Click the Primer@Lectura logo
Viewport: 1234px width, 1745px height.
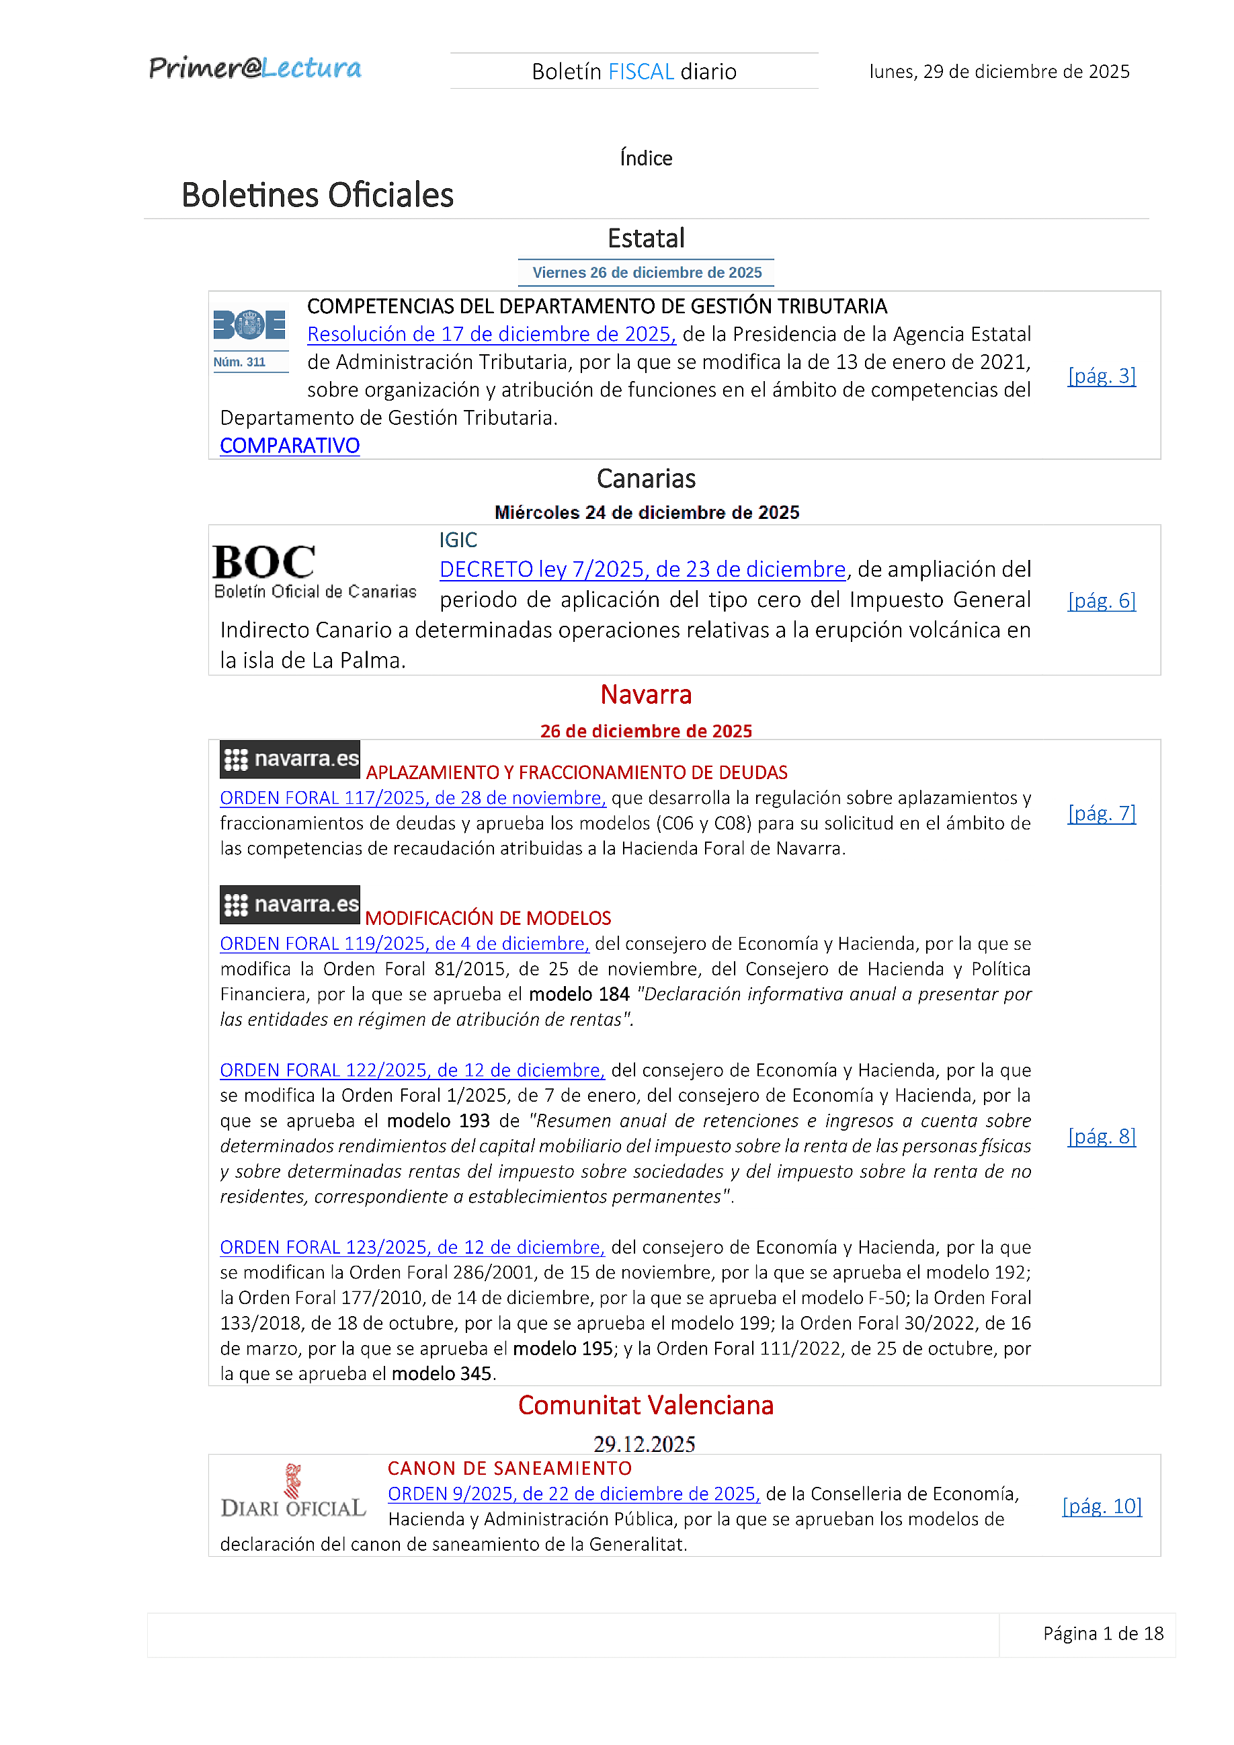[x=255, y=69]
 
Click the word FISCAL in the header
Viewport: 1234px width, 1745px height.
[x=641, y=71]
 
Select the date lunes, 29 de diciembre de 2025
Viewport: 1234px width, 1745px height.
[x=999, y=71]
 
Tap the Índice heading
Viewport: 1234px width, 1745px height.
[x=645, y=158]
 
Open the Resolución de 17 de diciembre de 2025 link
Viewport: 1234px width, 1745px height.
[x=491, y=334]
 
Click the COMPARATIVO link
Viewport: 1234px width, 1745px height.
[x=290, y=446]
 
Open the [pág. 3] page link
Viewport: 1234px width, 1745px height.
[x=1101, y=376]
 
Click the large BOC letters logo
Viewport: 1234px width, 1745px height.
[x=263, y=563]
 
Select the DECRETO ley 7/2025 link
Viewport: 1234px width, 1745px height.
[x=642, y=569]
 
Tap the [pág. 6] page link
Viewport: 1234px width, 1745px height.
[x=1101, y=600]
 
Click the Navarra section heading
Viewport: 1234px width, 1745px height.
[x=645, y=694]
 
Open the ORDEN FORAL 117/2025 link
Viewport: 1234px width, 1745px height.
[x=413, y=798]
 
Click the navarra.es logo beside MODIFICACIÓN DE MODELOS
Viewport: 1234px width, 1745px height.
[x=290, y=904]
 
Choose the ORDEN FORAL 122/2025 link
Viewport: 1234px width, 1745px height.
[x=412, y=1070]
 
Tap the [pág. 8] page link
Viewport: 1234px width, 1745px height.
[x=1101, y=1136]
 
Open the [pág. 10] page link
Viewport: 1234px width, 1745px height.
[x=1101, y=1506]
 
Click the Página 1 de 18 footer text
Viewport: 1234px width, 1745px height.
[x=1102, y=1633]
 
